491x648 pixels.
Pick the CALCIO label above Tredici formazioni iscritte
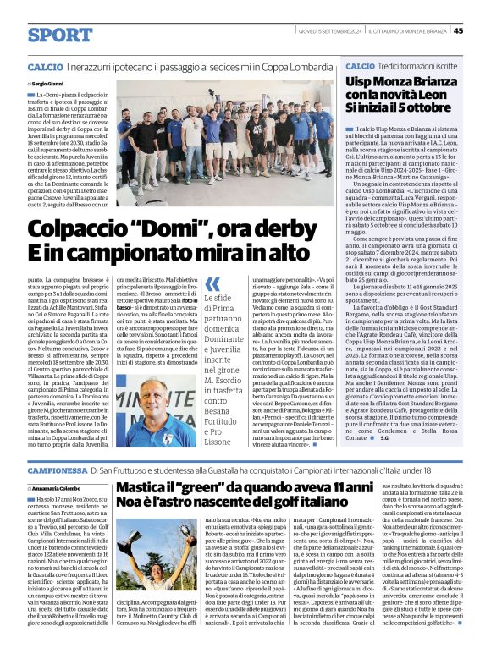pyautogui.click(x=360, y=66)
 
